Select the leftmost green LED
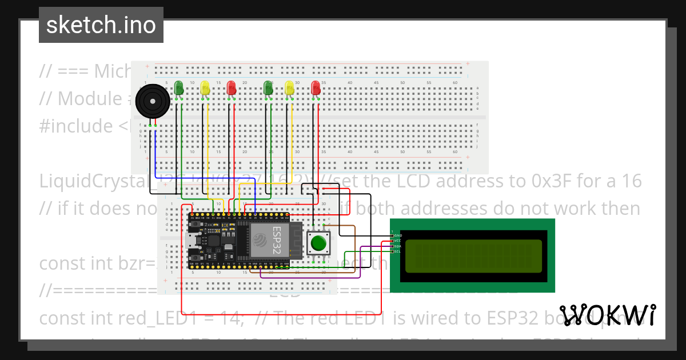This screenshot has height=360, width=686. [179, 88]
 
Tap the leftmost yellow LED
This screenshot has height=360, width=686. [205, 88]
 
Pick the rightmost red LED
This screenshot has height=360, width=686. [315, 88]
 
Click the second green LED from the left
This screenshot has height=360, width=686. [268, 88]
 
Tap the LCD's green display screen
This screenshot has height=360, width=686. [473, 255]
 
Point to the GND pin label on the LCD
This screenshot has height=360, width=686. [397, 235]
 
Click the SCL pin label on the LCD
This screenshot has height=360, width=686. [397, 251]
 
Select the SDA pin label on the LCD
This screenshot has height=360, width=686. [397, 246]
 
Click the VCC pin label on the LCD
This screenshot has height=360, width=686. [397, 241]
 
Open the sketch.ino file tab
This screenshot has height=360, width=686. [101, 25]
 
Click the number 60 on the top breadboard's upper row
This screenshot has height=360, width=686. [455, 83]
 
